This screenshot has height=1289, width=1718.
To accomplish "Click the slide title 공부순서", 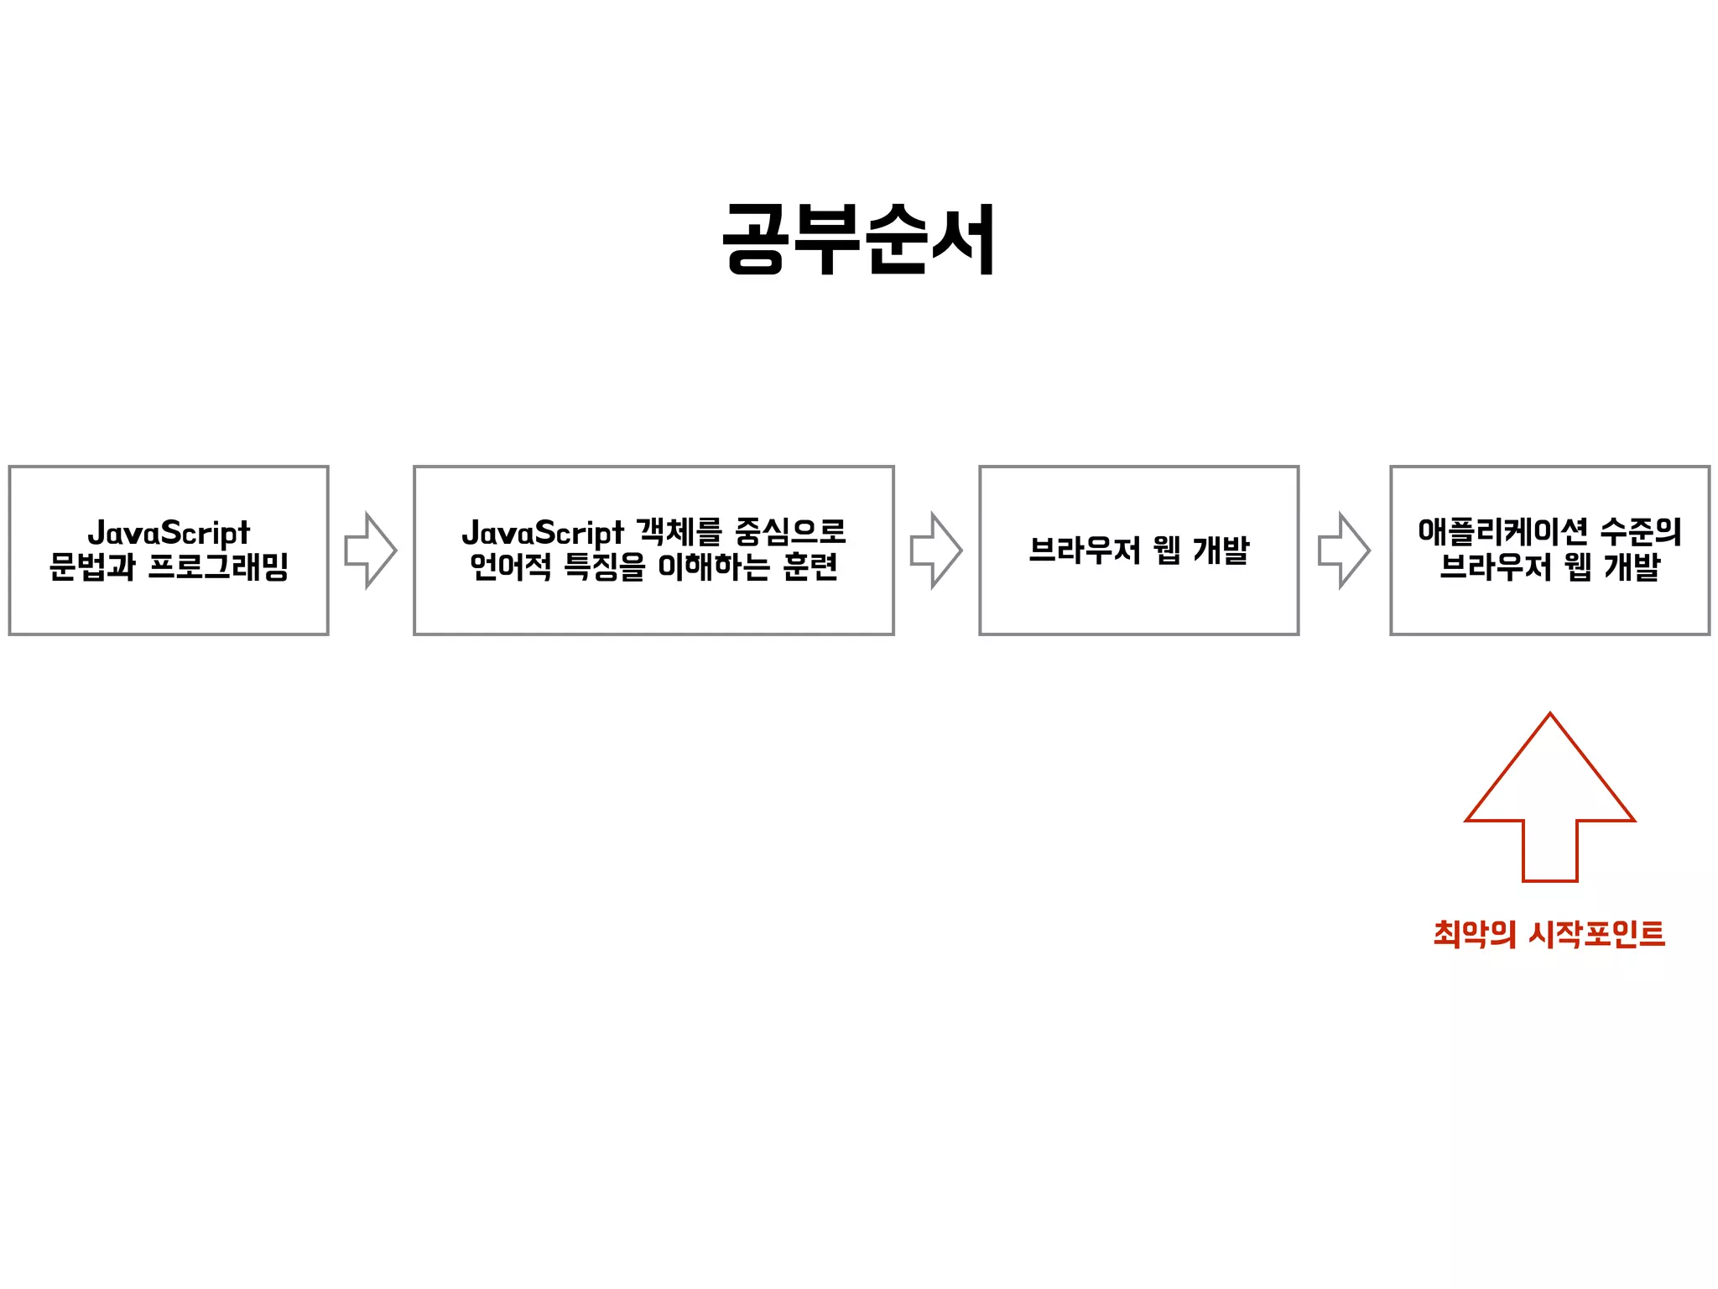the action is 858,239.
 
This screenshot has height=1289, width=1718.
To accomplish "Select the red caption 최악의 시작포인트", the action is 1549,933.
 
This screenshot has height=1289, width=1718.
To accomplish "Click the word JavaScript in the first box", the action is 169,533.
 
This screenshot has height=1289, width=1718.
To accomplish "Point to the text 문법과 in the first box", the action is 91,566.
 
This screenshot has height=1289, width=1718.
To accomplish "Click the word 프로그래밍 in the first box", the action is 218,566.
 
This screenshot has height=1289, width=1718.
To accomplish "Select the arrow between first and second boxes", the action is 370,551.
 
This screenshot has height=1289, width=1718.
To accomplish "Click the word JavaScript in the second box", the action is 543,533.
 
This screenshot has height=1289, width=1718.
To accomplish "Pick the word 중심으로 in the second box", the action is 789,531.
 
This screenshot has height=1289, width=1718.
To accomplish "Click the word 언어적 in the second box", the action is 510,566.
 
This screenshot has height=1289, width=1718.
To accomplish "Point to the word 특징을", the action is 604,566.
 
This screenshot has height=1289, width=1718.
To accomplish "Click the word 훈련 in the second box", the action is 810,566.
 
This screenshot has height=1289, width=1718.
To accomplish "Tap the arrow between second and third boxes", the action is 935,551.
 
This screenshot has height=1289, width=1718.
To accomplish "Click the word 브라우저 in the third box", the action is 1084,551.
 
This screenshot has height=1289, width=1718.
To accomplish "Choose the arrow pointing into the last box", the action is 1343,551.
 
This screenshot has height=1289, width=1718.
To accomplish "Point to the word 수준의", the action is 1640,531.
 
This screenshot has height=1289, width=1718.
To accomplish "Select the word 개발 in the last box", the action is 1632,566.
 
